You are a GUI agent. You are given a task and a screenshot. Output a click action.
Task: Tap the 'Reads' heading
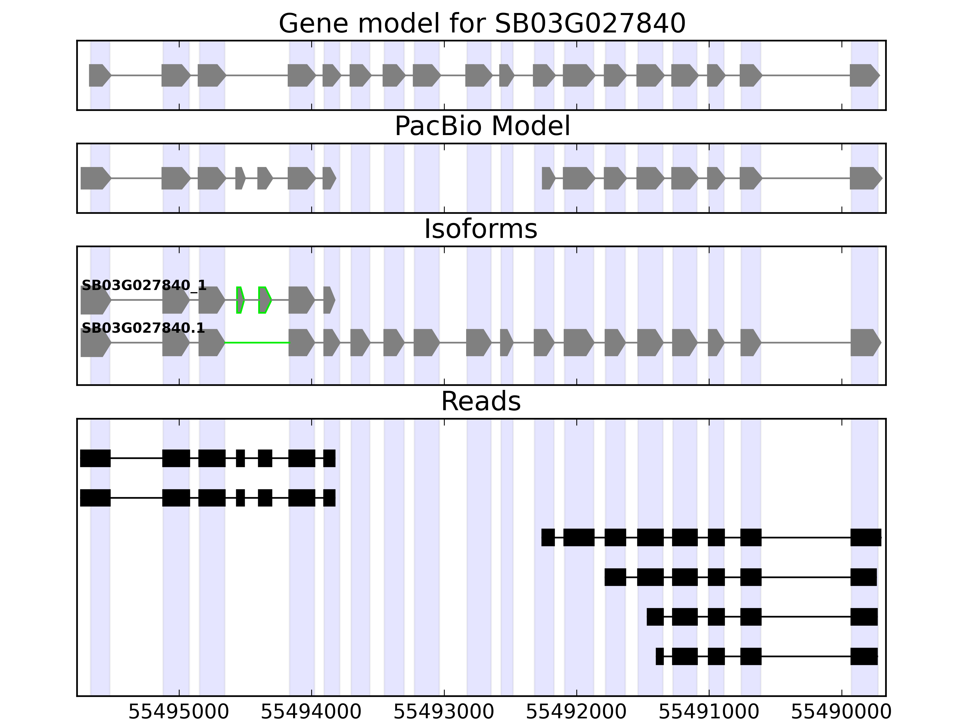point(481,401)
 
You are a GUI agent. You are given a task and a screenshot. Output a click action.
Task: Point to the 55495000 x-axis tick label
point(179,712)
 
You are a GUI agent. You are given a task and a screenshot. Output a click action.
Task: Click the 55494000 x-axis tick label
point(311,712)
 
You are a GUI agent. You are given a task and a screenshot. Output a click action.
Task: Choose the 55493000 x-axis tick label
point(444,712)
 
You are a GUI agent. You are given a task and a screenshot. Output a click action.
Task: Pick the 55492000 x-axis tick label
point(576,712)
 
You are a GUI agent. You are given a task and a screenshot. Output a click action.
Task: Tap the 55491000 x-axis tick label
point(709,712)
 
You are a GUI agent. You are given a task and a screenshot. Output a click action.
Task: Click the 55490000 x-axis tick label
point(841,712)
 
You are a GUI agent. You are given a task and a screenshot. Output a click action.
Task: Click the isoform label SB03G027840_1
point(144,285)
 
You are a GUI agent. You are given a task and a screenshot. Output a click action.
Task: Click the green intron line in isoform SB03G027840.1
point(257,343)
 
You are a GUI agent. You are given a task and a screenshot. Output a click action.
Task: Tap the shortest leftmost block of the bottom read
point(660,656)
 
